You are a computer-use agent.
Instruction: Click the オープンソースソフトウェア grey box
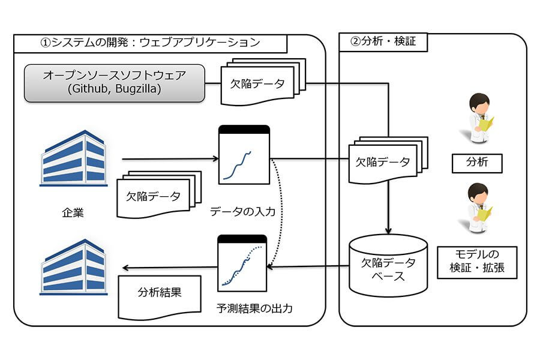pyautogui.click(x=115, y=83)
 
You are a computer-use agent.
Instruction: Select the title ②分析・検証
pyautogui.click(x=383, y=41)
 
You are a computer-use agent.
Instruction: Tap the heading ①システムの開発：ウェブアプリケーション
pyautogui.click(x=150, y=43)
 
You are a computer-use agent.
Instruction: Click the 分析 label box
pyautogui.click(x=477, y=163)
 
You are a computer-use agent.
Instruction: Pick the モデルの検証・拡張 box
pyautogui.click(x=477, y=262)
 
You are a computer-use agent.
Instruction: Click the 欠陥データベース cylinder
pyautogui.click(x=388, y=266)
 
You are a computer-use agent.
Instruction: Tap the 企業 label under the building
pyautogui.click(x=73, y=212)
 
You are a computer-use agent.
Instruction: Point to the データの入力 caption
pyautogui.click(x=243, y=211)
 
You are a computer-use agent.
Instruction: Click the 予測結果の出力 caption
pyautogui.click(x=254, y=308)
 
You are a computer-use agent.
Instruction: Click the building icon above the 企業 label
pyautogui.click(x=73, y=158)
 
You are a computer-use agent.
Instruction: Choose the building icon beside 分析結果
pyautogui.click(x=73, y=267)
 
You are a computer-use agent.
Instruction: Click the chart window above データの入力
pyautogui.click(x=244, y=155)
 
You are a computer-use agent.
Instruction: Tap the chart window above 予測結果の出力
pyautogui.click(x=242, y=263)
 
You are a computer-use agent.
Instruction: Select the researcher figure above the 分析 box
pyautogui.click(x=479, y=118)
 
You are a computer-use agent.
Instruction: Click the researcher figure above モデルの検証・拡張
pyautogui.click(x=479, y=208)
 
